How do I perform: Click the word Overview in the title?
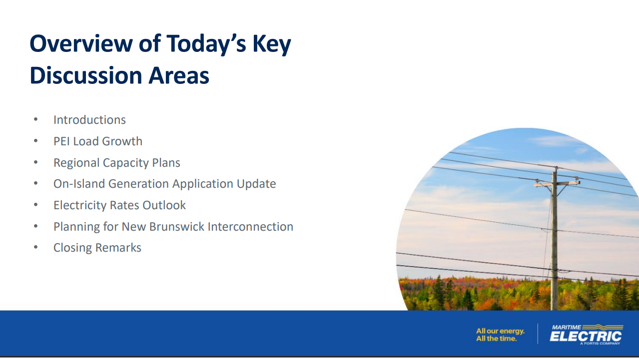click(81, 43)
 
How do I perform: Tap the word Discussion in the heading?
click(86, 75)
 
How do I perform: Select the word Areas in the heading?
click(179, 75)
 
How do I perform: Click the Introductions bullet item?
click(89, 120)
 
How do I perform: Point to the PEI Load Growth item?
click(98, 141)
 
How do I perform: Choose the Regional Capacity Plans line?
click(117, 163)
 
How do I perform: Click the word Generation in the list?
click(139, 184)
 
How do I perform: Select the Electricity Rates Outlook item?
click(119, 205)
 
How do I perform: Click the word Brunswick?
click(177, 227)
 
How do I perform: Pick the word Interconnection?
click(250, 227)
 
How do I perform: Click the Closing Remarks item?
click(97, 248)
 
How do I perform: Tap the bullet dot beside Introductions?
click(35, 119)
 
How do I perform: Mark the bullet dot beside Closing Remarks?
click(35, 247)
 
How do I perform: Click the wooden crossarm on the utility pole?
click(557, 183)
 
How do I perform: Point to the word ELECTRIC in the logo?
click(586, 337)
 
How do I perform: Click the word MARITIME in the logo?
click(566, 327)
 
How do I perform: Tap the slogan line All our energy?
click(500, 331)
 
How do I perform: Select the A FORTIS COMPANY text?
click(600, 344)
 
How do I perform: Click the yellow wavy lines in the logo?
click(603, 327)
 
